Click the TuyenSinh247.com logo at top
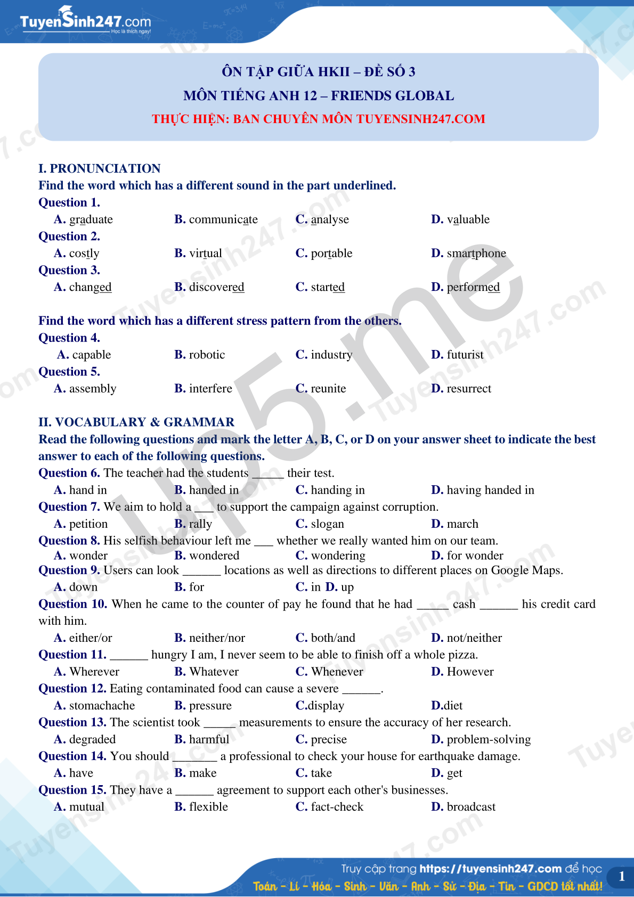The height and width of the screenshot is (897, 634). click(85, 21)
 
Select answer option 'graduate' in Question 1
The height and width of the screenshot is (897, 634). click(91, 219)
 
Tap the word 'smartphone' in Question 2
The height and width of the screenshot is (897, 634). click(476, 254)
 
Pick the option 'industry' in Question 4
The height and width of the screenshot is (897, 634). click(331, 355)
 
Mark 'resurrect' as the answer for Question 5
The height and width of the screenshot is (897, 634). click(469, 389)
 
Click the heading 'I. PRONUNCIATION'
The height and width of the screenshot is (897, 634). click(100, 169)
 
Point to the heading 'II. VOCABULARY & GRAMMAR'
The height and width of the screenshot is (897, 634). click(136, 422)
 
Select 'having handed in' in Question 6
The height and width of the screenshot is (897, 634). click(490, 490)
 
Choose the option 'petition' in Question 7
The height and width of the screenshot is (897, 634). click(88, 524)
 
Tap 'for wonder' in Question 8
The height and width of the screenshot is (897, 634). click(475, 556)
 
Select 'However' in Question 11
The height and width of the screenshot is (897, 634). click(470, 672)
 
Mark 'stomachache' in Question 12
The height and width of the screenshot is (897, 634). click(102, 706)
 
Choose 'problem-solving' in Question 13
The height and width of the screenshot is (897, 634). click(489, 739)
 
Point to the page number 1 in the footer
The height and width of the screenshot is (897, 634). click(621, 876)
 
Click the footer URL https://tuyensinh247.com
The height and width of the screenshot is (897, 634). click(490, 869)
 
